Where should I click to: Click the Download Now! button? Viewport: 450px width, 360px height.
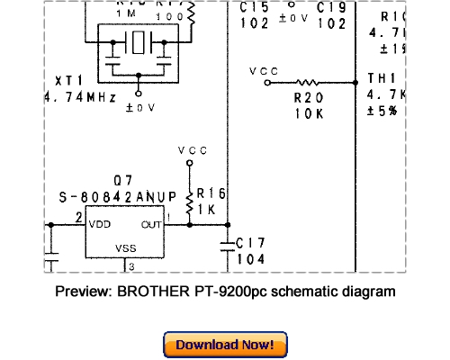pyautogui.click(x=225, y=345)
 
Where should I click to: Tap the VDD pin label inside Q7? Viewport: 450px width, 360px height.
pyautogui.click(x=99, y=223)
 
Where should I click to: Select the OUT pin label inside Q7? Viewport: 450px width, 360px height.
pyautogui.click(x=150, y=223)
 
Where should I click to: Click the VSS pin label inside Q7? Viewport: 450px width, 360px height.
pyautogui.click(x=126, y=247)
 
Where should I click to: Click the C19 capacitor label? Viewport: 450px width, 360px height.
pyautogui.click(x=331, y=8)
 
